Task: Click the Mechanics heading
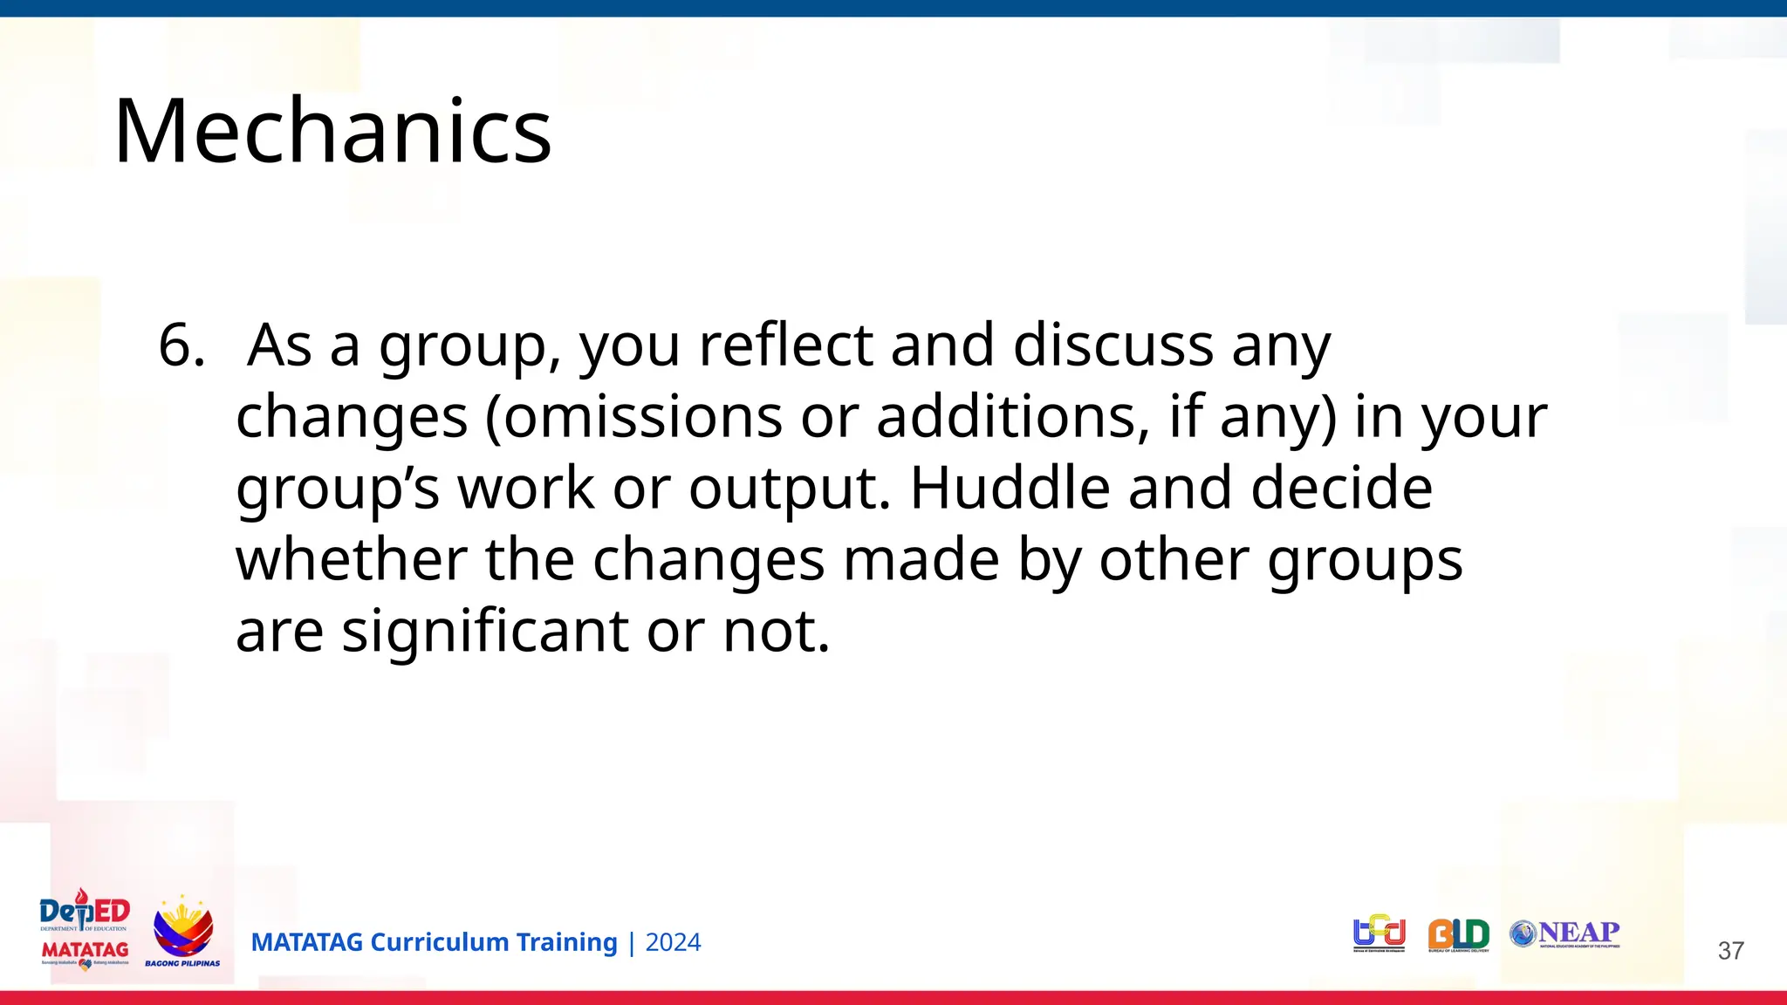(332, 132)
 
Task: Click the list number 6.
(181, 345)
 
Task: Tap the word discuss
(1113, 345)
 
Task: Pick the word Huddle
(1010, 489)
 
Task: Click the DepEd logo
(85, 930)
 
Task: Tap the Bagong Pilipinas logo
(182, 932)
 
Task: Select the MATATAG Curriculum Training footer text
(434, 942)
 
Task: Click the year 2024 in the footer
(673, 942)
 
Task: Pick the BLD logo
(1458, 934)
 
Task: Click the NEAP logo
(1564, 933)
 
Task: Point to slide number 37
(1730, 950)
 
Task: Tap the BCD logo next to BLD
(1380, 933)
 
